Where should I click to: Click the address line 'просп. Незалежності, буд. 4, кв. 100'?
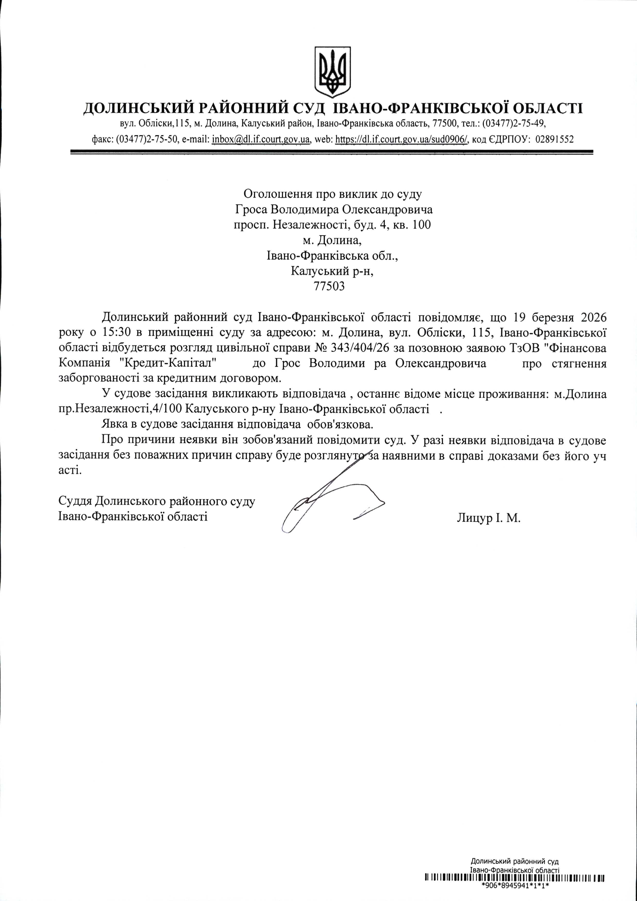pyautogui.click(x=332, y=225)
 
